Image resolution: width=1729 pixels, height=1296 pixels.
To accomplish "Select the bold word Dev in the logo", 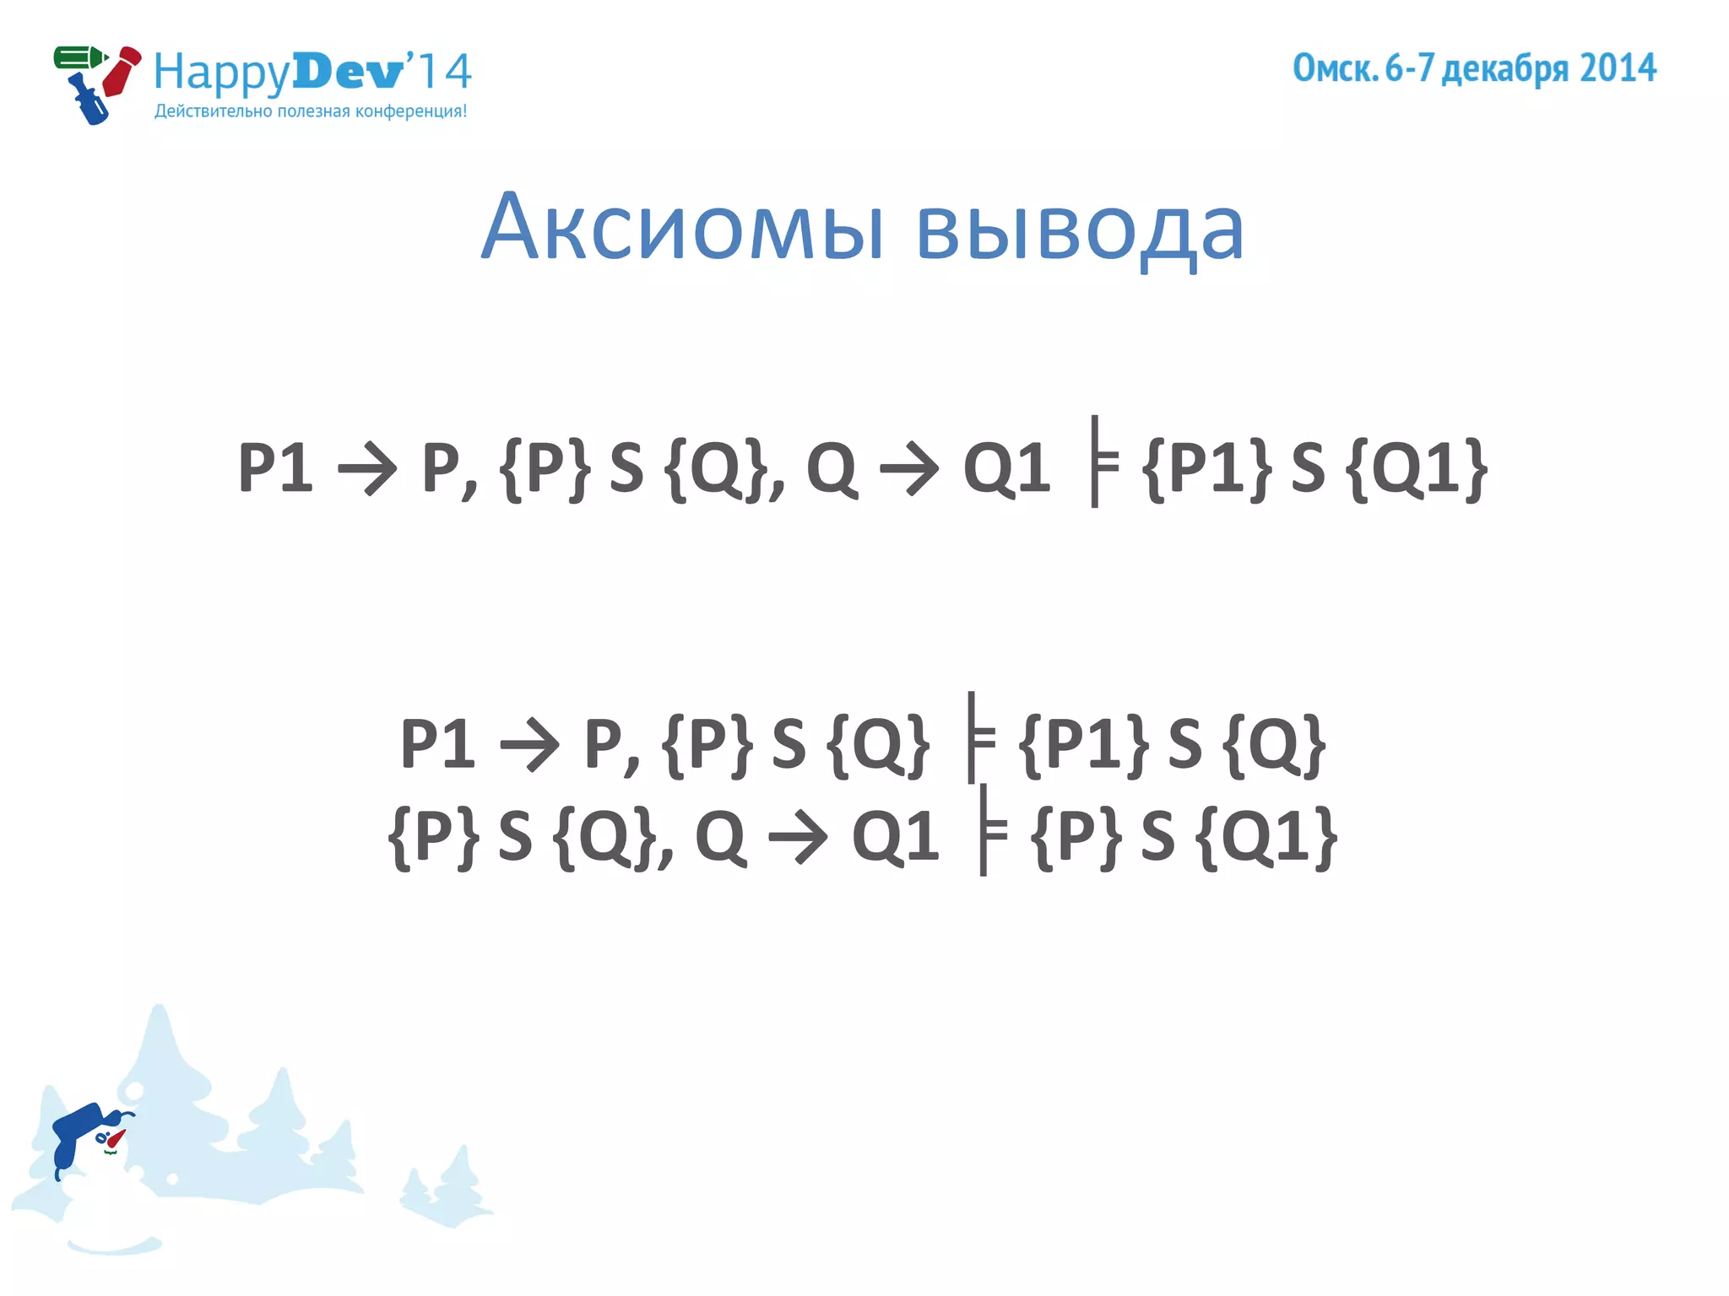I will click(347, 73).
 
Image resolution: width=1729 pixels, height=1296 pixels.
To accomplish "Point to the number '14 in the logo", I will click(439, 71).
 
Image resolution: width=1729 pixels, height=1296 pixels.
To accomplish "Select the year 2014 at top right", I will click(1618, 68).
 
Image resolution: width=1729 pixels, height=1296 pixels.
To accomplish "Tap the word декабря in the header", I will click(1504, 69).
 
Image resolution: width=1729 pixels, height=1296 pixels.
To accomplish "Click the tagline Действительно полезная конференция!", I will click(311, 111).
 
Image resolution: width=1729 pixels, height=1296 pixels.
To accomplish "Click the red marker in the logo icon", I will click(122, 71).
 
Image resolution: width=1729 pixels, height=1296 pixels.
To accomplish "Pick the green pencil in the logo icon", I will click(79, 58).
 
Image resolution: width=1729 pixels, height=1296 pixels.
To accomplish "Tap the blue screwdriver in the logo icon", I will click(88, 101).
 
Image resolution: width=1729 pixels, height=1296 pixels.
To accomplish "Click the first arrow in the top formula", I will click(367, 468).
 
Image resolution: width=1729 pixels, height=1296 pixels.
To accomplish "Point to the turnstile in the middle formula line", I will click(978, 737).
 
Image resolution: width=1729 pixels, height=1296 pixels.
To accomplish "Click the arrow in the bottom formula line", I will click(798, 838).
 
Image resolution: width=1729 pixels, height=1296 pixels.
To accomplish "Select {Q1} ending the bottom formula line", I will click(1267, 838).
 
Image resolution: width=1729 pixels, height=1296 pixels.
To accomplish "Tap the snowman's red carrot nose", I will click(115, 1139).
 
